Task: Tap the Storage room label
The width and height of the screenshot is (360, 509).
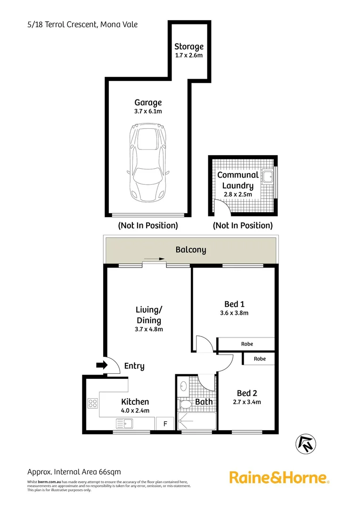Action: pyautogui.click(x=189, y=46)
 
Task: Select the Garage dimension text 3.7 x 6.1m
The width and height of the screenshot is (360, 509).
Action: pyautogui.click(x=148, y=111)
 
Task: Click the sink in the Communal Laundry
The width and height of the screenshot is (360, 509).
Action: pyautogui.click(x=268, y=177)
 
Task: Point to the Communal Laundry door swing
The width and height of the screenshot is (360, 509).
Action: pyautogui.click(x=219, y=207)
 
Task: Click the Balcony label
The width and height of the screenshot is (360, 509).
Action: pyautogui.click(x=190, y=250)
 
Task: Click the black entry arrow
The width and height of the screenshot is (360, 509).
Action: pyautogui.click(x=101, y=365)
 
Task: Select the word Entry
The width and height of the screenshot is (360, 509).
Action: pyautogui.click(x=134, y=366)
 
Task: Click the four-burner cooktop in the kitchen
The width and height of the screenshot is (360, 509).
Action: pyautogui.click(x=92, y=403)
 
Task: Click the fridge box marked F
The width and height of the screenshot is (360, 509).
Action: pyautogui.click(x=165, y=423)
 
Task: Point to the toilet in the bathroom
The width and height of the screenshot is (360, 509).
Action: pyautogui.click(x=185, y=404)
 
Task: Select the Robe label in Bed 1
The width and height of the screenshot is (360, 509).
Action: pyautogui.click(x=247, y=344)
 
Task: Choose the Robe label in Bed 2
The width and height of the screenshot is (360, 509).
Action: pyautogui.click(x=259, y=359)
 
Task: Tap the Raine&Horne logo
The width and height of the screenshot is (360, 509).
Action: pyautogui.click(x=279, y=477)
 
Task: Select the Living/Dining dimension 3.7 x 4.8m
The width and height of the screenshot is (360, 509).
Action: pyautogui.click(x=149, y=329)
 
